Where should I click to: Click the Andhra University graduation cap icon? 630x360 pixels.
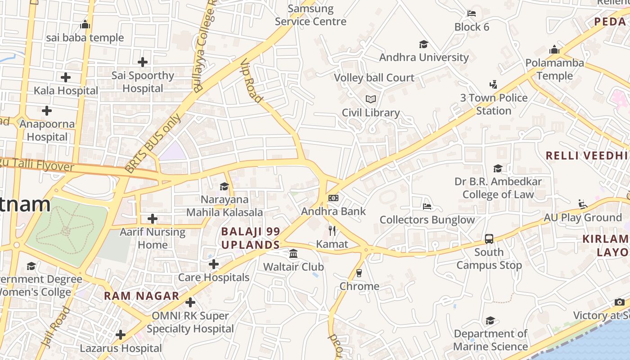(423, 44)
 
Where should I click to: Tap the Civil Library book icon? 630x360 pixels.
(370, 99)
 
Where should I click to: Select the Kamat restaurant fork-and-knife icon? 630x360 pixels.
(332, 231)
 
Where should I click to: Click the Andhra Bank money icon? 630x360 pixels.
(333, 198)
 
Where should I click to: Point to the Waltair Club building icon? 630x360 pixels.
(293, 254)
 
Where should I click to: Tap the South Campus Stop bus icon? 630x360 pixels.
(489, 239)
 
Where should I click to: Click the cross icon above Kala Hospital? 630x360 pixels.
(66, 77)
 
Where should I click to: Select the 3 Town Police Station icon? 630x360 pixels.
(493, 84)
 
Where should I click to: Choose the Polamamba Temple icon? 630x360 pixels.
(554, 49)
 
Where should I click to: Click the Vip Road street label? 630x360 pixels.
(251, 81)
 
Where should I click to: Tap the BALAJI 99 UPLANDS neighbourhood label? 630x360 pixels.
(251, 238)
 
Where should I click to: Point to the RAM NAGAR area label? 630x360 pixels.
(141, 296)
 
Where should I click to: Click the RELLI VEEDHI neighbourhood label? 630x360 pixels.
(587, 156)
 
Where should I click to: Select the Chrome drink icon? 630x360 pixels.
(359, 273)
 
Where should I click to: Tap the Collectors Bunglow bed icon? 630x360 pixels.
(427, 207)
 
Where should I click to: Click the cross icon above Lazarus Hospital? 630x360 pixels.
(120, 335)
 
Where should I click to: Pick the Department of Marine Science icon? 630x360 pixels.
(490, 320)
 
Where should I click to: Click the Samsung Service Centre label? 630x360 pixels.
(310, 15)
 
